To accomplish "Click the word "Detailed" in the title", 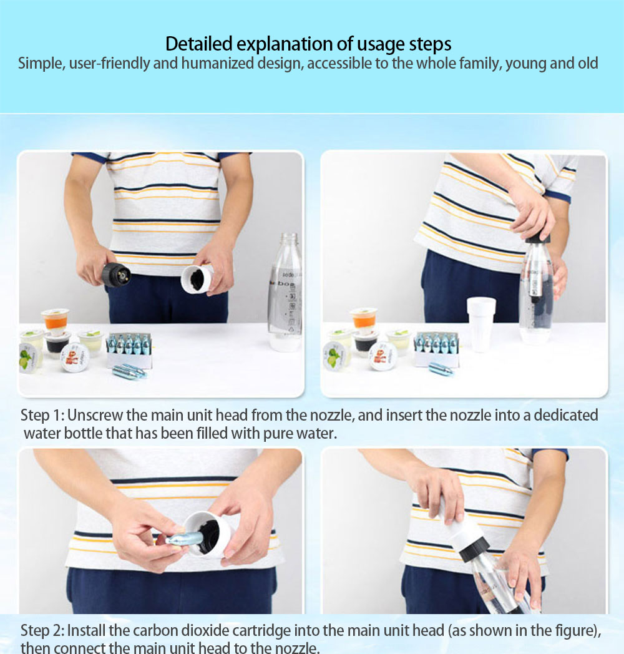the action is tap(198, 44).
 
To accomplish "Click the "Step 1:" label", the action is tap(42, 416).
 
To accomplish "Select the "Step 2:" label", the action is tap(42, 631).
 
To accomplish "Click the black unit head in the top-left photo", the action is tap(115, 275).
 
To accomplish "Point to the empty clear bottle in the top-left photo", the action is tap(286, 291).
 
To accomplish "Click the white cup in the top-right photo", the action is tap(481, 324).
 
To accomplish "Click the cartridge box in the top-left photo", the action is tap(129, 349).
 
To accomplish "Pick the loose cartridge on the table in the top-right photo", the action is tap(441, 369).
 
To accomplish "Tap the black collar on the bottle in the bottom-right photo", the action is tap(474, 549).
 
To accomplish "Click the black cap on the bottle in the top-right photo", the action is tap(538, 238).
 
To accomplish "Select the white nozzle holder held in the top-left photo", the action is tap(197, 278).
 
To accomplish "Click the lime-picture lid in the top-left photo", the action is tap(28, 358).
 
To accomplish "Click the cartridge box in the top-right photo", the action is tap(436, 349).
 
